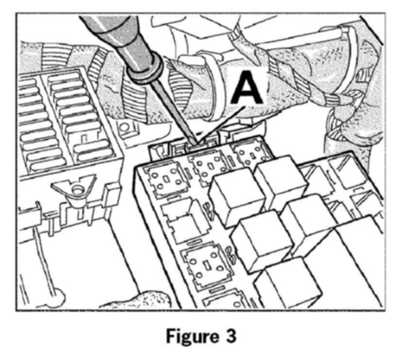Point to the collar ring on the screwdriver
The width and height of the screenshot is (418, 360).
145,71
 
